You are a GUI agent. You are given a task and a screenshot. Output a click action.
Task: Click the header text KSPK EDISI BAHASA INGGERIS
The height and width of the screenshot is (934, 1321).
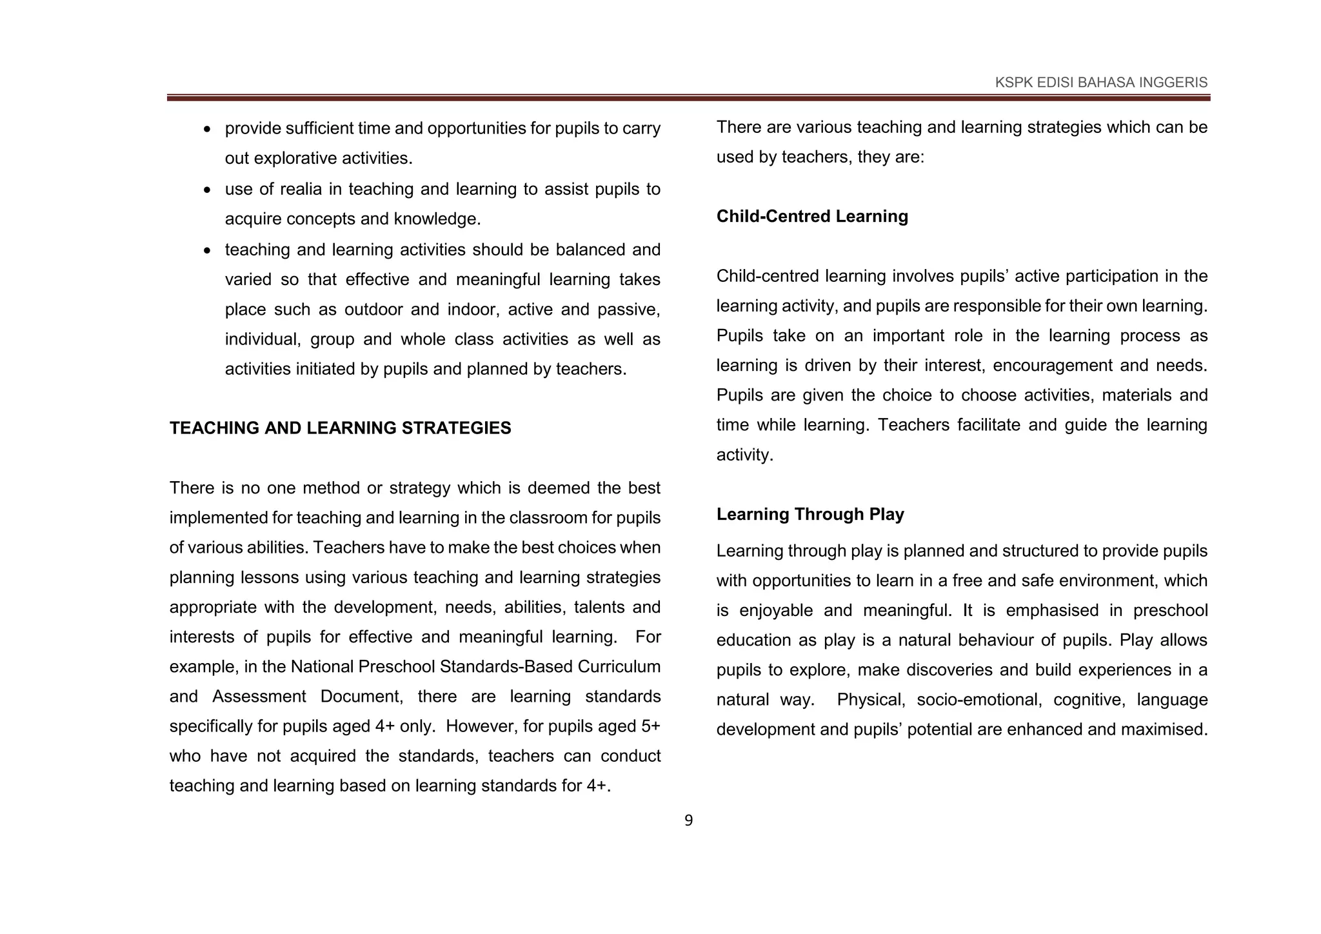click(1101, 83)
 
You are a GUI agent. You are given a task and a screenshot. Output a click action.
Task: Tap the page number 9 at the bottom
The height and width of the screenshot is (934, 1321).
click(688, 820)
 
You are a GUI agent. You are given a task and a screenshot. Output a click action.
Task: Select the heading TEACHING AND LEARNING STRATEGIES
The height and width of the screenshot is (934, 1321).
click(340, 428)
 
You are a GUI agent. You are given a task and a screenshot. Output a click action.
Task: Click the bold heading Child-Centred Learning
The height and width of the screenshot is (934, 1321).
click(811, 216)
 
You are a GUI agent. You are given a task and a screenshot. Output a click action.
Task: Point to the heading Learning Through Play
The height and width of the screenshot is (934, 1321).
click(809, 514)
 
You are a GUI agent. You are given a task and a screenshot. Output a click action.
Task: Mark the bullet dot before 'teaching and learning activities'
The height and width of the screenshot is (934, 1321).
click(206, 251)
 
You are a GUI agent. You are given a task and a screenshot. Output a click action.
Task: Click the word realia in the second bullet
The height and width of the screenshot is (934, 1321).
click(302, 189)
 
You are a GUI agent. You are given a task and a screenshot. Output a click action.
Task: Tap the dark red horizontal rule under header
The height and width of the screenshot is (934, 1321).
click(688, 98)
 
